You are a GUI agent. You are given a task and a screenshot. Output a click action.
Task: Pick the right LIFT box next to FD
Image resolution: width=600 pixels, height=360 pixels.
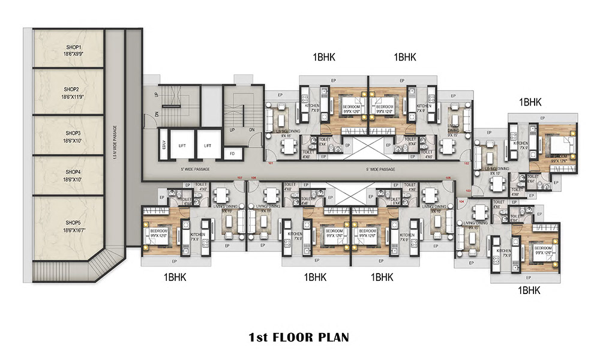tap(208, 146)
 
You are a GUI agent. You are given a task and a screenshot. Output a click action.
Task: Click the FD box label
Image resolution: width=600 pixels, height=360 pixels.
tap(232, 153)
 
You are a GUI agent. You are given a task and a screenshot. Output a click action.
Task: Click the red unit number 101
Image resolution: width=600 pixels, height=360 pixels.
tap(271, 163)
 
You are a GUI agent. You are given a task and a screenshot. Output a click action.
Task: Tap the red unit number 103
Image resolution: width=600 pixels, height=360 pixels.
tap(468, 191)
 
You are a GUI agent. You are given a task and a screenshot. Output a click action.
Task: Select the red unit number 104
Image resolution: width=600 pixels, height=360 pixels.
tap(461, 202)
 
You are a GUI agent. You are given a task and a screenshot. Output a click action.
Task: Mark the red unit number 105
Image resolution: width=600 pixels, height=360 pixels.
tap(449, 178)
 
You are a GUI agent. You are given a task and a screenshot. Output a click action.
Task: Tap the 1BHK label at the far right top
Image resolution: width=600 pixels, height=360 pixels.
tap(530, 103)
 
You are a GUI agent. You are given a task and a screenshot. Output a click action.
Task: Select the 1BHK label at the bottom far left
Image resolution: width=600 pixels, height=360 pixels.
tap(175, 277)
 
